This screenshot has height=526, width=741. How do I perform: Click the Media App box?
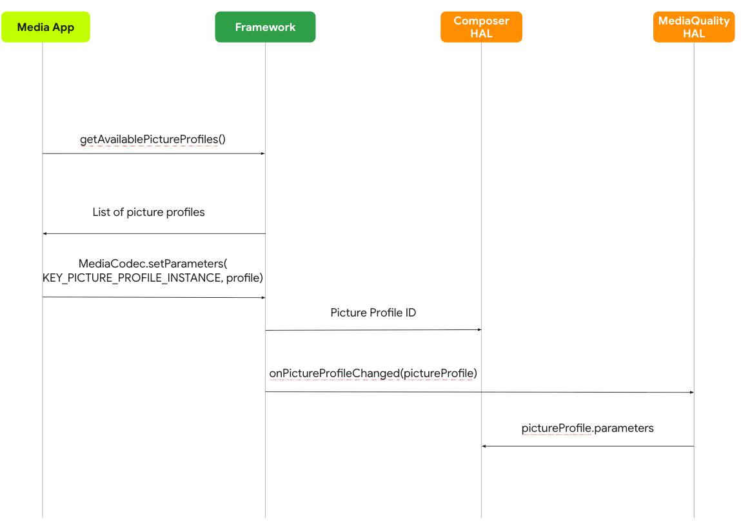[45, 27]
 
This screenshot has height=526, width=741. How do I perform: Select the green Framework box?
[265, 27]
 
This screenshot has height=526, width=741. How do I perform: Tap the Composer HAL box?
[481, 27]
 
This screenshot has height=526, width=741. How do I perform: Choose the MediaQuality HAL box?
[693, 27]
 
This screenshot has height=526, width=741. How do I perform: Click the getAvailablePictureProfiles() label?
[152, 139]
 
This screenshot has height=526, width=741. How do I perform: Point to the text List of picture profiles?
[148, 212]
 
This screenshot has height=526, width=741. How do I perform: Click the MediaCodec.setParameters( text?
[153, 264]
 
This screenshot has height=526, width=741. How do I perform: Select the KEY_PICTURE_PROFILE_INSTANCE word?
[132, 278]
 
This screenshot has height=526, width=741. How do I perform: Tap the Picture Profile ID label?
[373, 313]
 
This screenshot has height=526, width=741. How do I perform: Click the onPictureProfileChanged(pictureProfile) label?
[373, 373]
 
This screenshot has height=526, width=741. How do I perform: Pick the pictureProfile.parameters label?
[587, 428]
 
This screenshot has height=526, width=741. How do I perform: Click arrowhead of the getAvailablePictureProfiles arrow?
[262, 153]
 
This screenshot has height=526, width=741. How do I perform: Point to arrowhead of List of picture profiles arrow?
[45, 233]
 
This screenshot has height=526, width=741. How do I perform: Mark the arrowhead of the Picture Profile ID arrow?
[479, 329]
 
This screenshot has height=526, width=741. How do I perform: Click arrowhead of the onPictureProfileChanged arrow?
[691, 392]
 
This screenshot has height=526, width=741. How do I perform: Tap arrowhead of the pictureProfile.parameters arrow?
[484, 446]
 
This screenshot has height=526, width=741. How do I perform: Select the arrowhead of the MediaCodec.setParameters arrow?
[262, 297]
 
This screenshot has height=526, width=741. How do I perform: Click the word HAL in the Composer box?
[481, 34]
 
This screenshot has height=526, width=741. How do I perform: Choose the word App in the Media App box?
[63, 27]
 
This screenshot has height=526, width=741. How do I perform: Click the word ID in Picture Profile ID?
[409, 313]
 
